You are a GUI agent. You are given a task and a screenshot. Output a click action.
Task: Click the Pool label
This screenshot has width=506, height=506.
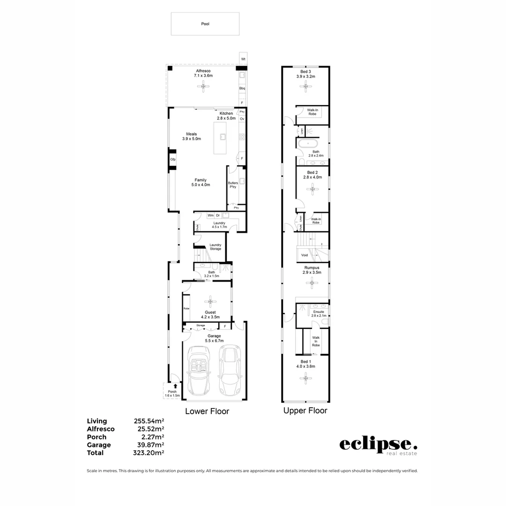tap(205, 23)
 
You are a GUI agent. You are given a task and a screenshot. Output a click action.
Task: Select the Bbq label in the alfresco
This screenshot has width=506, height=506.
tap(242, 88)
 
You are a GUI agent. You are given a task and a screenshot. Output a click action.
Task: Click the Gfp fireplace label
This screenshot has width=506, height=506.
tap(172, 160)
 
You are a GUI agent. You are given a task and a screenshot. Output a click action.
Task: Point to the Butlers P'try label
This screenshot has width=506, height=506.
tap(232, 185)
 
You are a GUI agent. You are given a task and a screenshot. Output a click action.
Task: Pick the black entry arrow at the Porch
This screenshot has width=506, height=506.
tap(175, 386)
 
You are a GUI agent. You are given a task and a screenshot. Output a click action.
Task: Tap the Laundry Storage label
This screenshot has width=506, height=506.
tap(216, 246)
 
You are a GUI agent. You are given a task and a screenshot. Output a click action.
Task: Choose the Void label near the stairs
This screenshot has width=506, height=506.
tap(305, 255)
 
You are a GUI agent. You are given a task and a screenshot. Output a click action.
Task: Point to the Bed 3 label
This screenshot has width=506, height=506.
tap(305, 71)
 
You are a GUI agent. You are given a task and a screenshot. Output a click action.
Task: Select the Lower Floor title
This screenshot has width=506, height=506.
tap(207, 411)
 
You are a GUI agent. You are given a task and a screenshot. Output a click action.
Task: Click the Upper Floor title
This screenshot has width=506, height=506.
tap(305, 411)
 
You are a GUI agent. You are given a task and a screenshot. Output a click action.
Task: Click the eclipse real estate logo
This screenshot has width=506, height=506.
tap(378, 446)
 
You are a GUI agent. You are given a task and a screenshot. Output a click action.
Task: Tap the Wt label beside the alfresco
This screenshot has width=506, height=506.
tap(243, 60)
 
